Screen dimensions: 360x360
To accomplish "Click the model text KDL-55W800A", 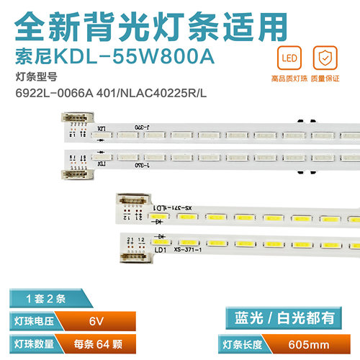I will pyautogui.click(x=131, y=53).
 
